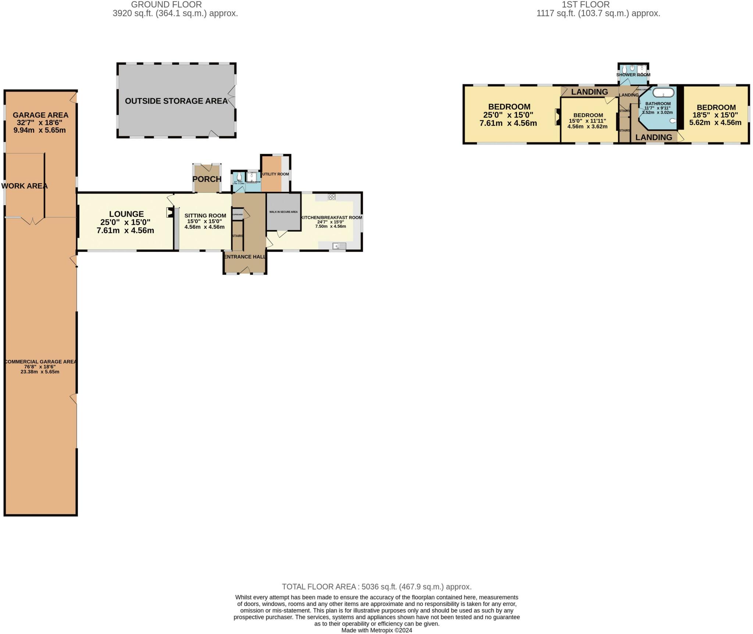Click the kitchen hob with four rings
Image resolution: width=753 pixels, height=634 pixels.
tap(332, 197)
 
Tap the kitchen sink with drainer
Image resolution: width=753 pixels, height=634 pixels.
tap(339, 246)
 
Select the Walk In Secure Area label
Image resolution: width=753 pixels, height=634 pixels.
tap(283, 212)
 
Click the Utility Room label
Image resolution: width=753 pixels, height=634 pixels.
tap(275, 174)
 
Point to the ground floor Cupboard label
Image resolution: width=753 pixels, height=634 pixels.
tap(238, 214)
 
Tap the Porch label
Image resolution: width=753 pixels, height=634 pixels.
tap(207, 179)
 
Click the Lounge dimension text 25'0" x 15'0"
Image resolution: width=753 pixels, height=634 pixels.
tap(125, 222)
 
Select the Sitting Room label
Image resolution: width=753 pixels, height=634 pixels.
tap(205, 216)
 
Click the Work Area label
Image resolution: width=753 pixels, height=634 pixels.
tap(25, 186)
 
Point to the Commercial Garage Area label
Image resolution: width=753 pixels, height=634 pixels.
tap(40, 361)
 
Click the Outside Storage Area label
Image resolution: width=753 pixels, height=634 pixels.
tap(176, 101)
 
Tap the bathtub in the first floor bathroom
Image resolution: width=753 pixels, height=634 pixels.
tap(663, 92)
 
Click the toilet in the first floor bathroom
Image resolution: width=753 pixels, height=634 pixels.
tap(673, 121)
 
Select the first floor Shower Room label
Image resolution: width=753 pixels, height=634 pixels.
tap(633, 75)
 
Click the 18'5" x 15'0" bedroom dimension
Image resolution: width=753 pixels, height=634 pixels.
tap(715, 115)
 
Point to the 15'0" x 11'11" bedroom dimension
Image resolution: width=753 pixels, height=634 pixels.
tap(588, 121)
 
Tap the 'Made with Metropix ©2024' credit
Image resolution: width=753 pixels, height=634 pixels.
tap(376, 630)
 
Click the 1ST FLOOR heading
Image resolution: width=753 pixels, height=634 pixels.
tap(586, 4)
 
